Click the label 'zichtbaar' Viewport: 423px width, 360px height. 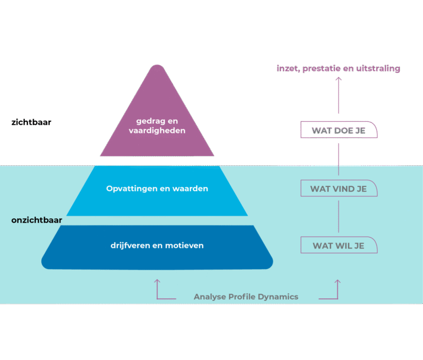31,122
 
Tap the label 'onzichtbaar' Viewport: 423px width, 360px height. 36,221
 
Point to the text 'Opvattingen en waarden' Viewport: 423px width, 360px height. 157,189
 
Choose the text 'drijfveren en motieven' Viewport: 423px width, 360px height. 157,245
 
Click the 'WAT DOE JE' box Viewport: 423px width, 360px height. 338,131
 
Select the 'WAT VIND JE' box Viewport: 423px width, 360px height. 338,189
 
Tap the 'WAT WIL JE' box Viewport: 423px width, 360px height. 338,245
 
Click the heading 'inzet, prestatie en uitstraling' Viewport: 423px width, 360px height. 338,69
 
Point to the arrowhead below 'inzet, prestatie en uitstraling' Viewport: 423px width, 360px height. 338,79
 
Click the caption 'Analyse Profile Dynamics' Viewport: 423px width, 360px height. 246,297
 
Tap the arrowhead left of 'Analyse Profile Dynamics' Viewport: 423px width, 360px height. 158,281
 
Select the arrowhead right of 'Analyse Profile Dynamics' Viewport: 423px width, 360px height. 338,281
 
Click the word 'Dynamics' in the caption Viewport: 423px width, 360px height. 279,297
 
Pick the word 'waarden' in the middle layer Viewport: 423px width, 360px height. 189,189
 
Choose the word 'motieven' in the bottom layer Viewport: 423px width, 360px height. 186,245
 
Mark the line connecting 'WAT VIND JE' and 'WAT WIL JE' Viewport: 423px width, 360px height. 338,217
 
